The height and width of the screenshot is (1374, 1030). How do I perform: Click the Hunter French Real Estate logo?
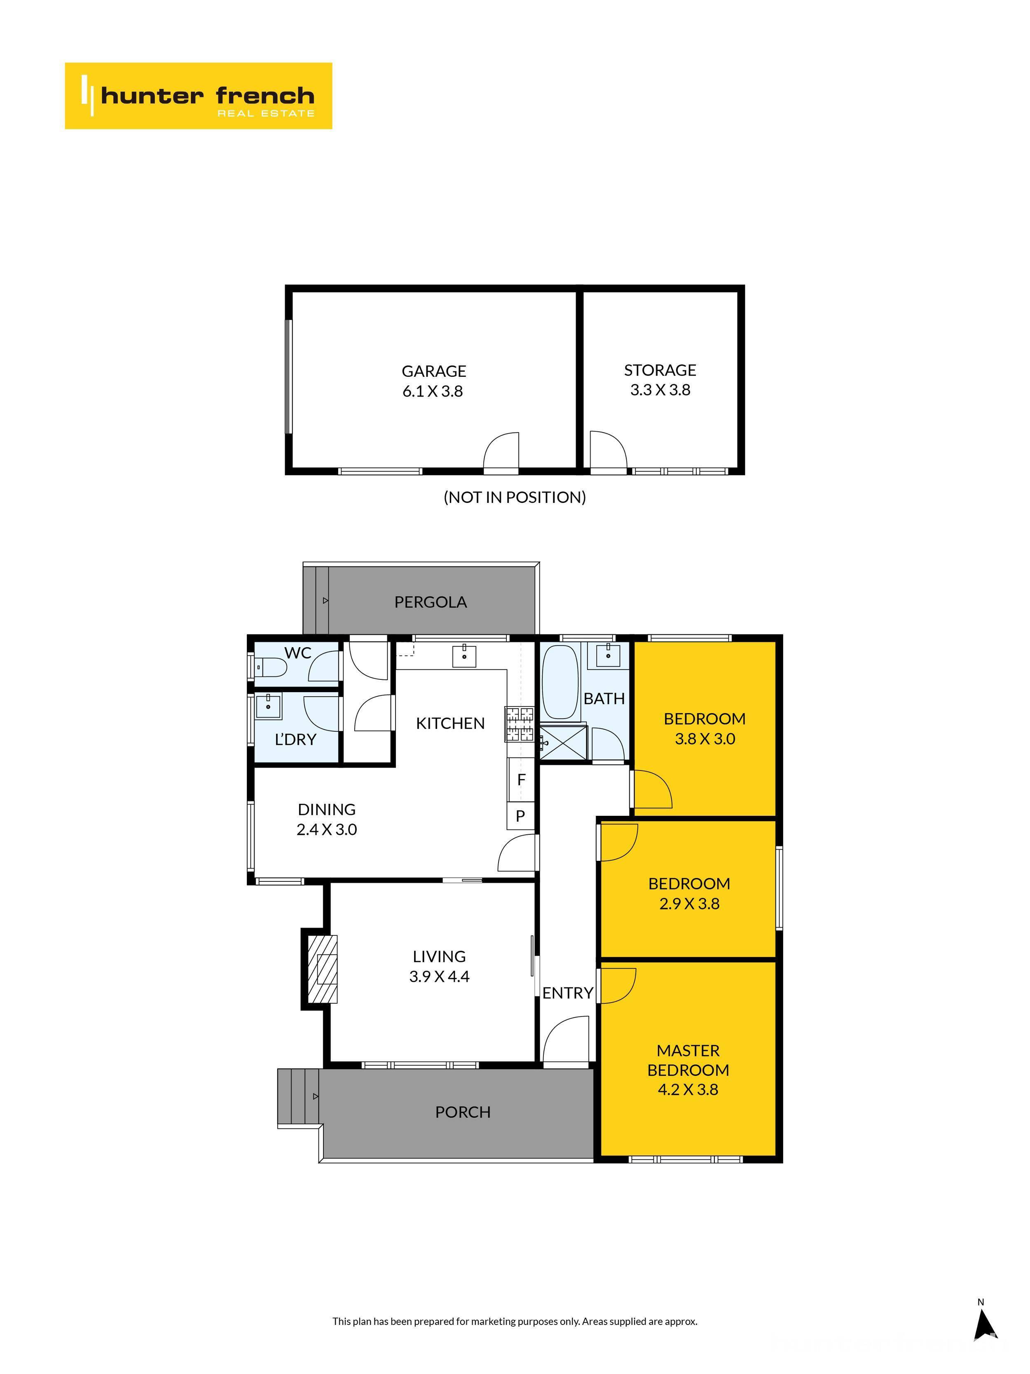[198, 96]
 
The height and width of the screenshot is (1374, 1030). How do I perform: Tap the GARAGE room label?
[433, 371]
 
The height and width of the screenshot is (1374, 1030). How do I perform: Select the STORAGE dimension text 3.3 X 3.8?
[660, 390]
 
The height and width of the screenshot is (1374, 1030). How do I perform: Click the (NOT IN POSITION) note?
[515, 497]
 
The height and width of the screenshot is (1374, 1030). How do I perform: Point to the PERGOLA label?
[430, 602]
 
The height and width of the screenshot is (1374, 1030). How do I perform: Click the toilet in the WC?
[273, 668]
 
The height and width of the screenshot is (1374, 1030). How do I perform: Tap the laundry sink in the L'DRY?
[268, 706]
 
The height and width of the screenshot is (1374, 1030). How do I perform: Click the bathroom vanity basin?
[608, 655]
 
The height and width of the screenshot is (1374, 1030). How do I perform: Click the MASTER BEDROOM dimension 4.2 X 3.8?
[688, 1090]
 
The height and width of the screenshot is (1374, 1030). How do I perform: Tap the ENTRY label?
[567, 993]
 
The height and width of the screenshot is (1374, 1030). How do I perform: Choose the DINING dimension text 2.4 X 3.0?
[327, 830]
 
